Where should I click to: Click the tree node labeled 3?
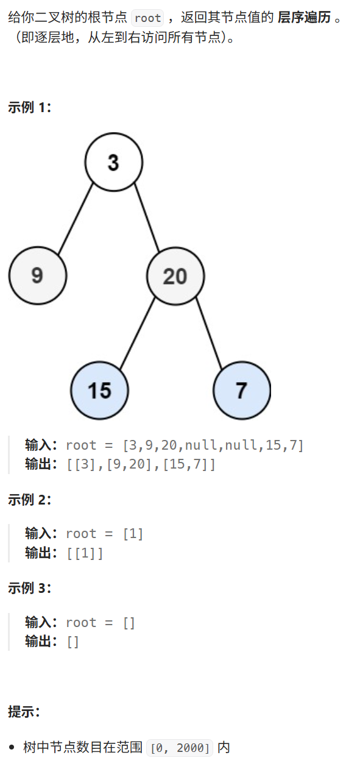pos(114,162)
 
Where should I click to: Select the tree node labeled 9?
pos(38,276)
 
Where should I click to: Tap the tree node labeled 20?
pos(175,276)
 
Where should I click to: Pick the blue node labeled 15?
pos(100,390)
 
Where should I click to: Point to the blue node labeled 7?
pos(242,390)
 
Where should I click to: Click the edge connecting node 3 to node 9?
pos(76,218)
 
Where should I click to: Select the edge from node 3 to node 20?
pos(146,218)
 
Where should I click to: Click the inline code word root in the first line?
pos(147,18)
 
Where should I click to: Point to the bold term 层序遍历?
pos(304,17)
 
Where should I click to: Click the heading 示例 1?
pos(29,107)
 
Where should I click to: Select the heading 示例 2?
pos(29,500)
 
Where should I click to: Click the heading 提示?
pos(24,711)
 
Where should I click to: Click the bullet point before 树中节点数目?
pos(12,747)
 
